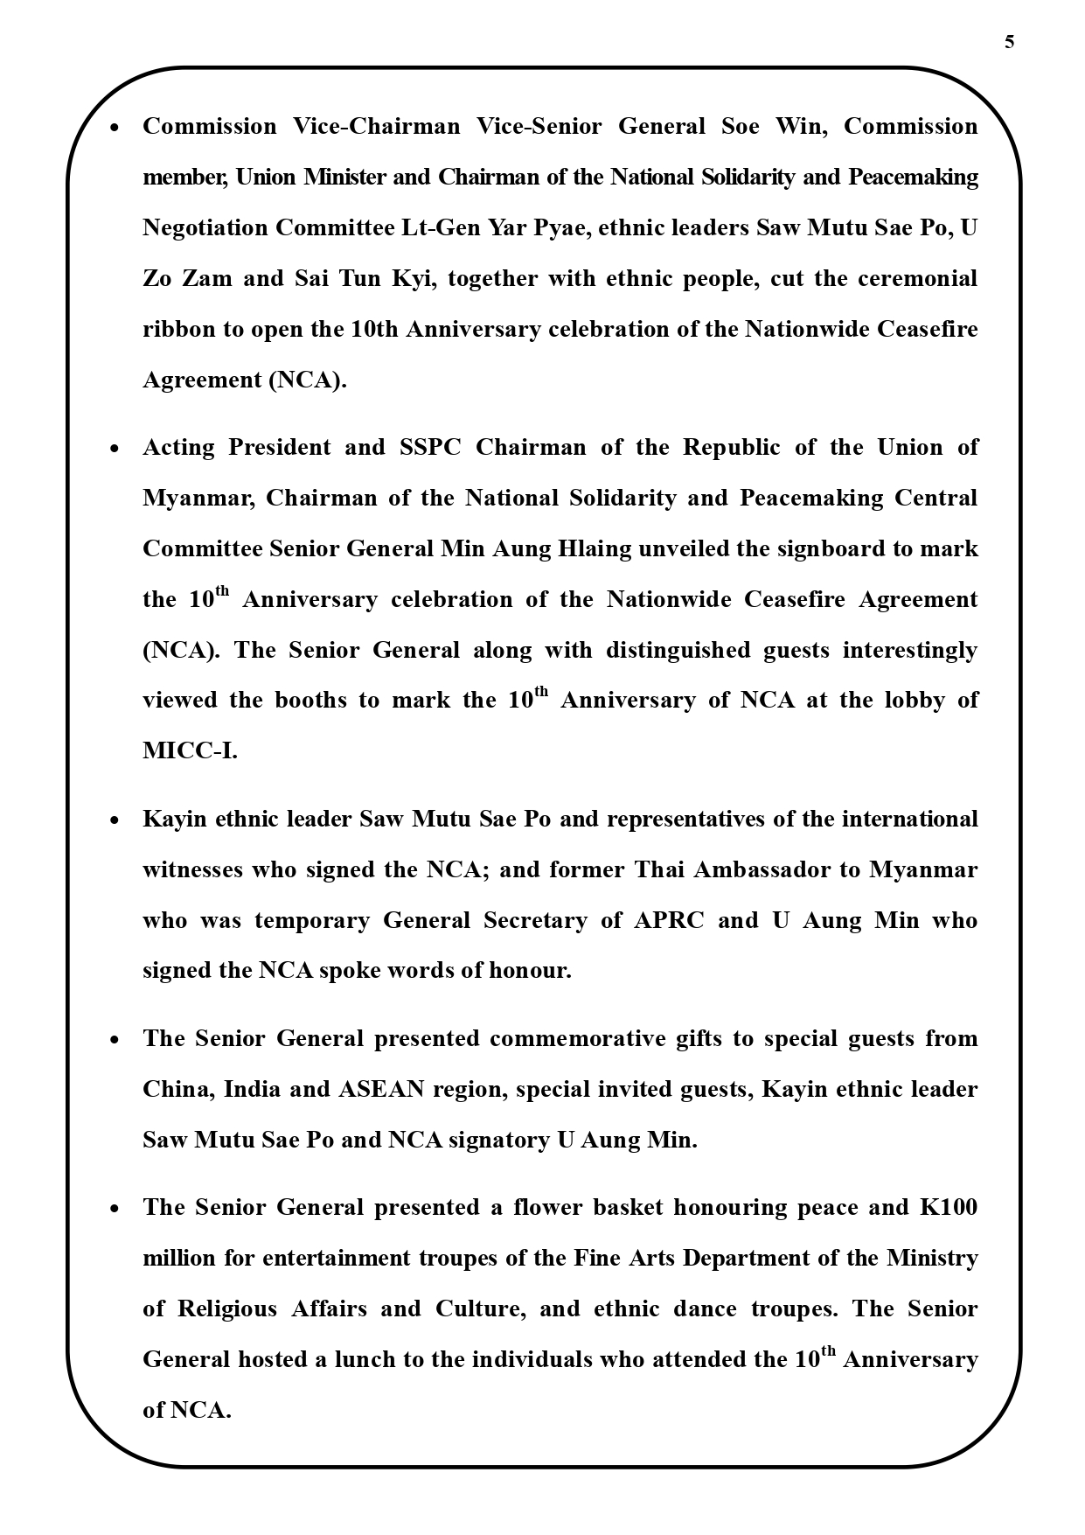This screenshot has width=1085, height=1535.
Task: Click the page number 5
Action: coord(1009,42)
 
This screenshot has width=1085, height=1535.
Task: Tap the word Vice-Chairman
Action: coord(376,127)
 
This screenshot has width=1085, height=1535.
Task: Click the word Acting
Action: coord(178,448)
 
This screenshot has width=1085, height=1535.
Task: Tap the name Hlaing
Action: coord(587,549)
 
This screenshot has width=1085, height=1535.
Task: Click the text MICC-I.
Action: coord(190,751)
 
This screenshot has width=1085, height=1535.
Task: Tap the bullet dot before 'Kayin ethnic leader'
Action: coord(115,821)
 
